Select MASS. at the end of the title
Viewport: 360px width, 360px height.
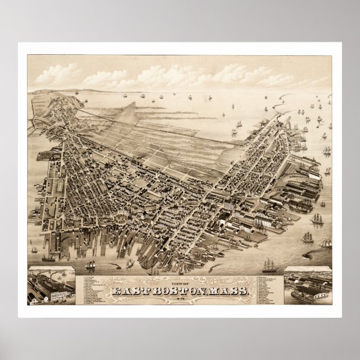[228, 290]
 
